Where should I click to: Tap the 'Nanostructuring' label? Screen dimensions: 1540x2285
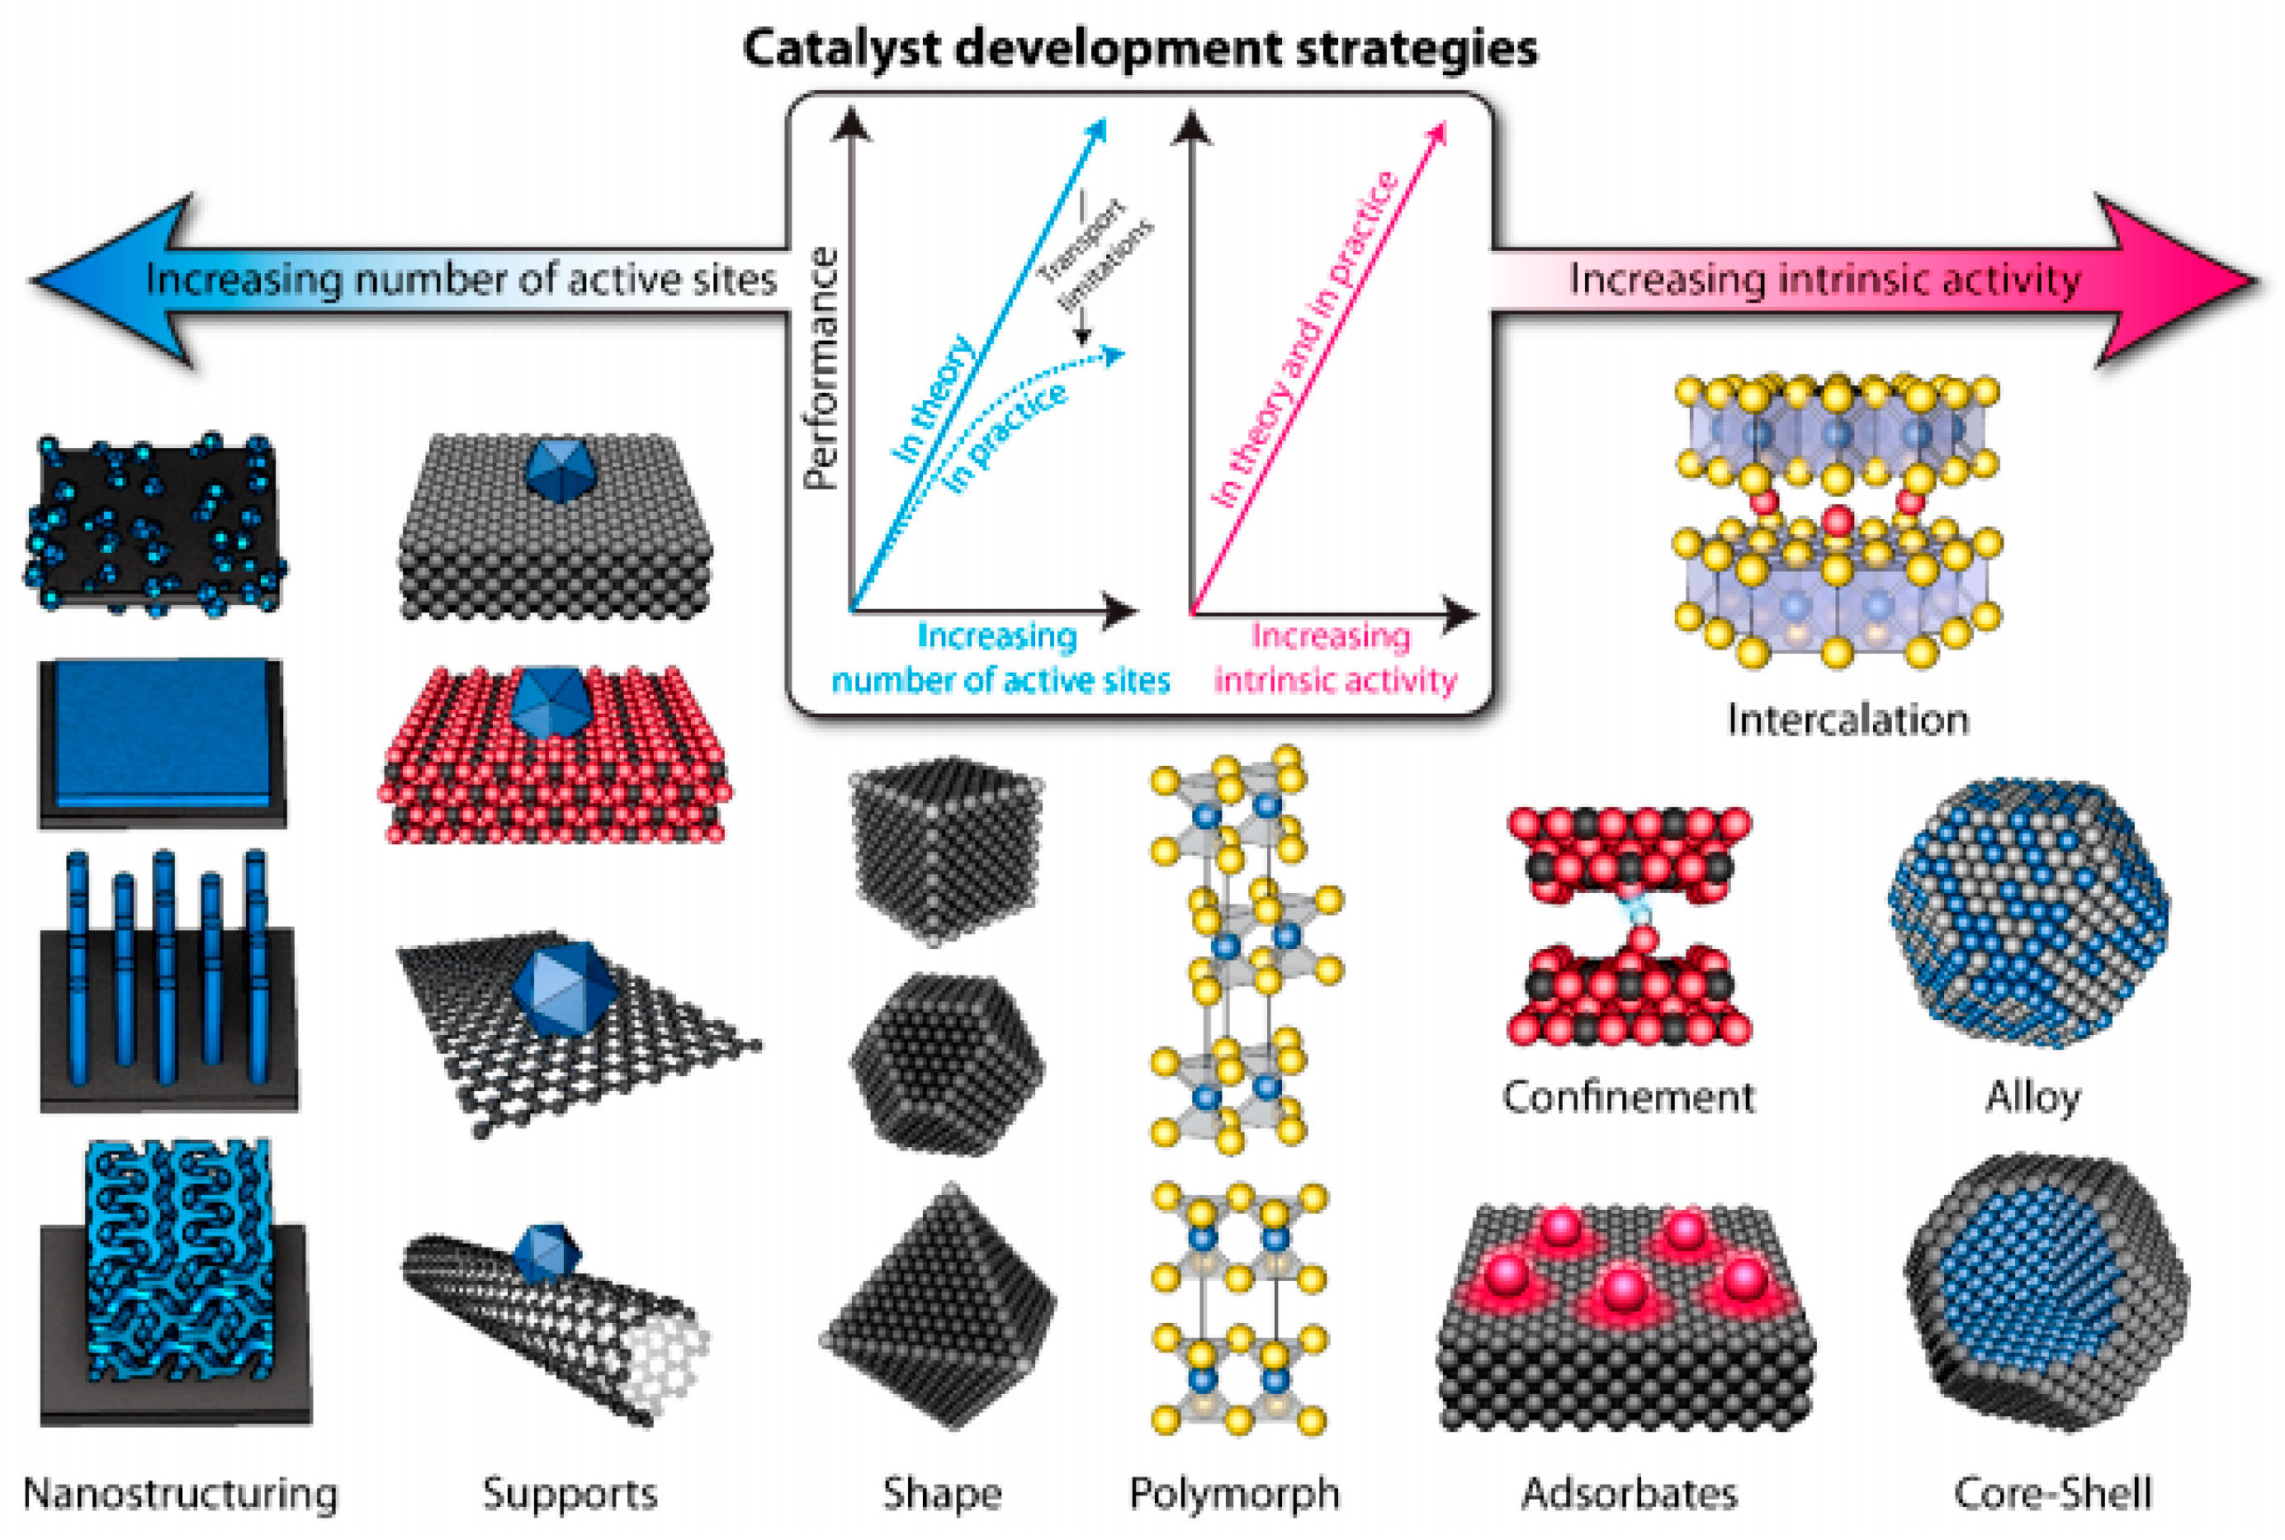coord(181,1494)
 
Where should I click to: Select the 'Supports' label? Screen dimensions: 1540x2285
coord(570,1493)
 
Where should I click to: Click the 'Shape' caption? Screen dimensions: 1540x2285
coord(941,1493)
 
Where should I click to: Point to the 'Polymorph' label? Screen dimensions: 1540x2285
coord(1234,1494)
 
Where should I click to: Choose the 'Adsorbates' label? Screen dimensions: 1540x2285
coord(1629,1493)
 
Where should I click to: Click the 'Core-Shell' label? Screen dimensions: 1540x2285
coord(2052,1493)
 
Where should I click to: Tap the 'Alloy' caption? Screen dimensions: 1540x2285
coord(2032,1096)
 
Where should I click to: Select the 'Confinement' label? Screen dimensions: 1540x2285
coord(1628,1096)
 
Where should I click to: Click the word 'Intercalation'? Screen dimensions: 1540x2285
coord(1847,720)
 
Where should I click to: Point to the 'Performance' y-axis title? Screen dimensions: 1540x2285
coord(821,368)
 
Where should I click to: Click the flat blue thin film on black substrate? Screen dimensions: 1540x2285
coord(162,732)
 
